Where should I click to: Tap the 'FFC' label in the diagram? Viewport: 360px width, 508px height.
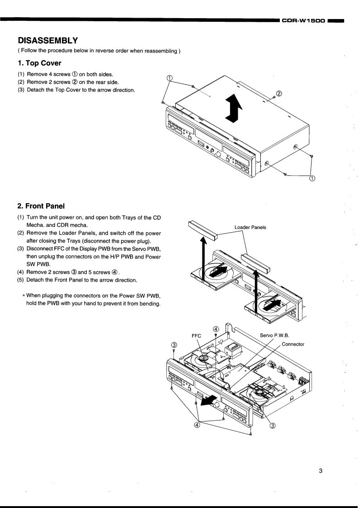pos(197,336)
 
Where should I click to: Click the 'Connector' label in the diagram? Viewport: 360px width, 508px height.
pos(293,344)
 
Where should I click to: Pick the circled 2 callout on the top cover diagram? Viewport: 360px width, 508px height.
pos(279,94)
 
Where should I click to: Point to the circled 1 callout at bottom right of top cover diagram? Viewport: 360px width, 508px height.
pos(312,178)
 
